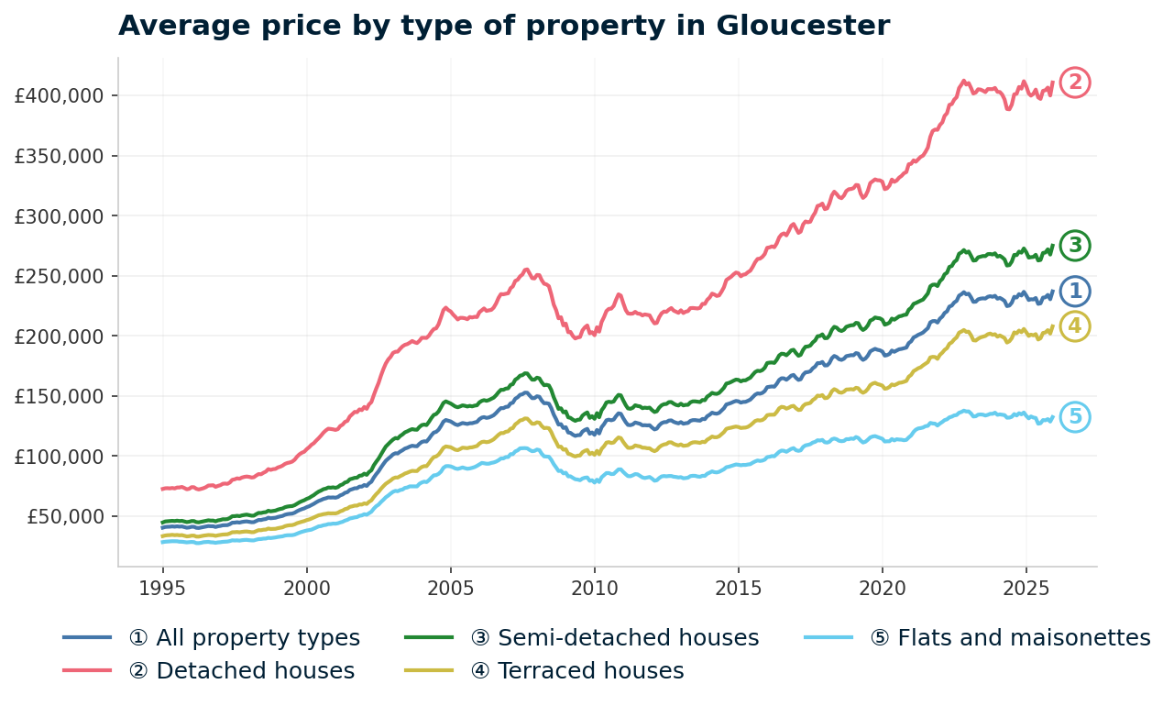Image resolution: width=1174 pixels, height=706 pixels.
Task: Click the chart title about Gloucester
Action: click(503, 26)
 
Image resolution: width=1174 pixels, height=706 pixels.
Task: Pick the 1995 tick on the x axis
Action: click(162, 586)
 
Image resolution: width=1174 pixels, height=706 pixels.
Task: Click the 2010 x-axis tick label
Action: click(594, 586)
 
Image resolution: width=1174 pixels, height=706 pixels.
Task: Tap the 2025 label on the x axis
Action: click(1026, 586)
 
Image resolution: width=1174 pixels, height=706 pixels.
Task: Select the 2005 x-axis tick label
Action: click(450, 586)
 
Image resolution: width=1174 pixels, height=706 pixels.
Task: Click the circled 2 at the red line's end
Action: click(1075, 83)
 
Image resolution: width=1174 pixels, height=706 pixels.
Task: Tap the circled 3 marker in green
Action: click(1075, 245)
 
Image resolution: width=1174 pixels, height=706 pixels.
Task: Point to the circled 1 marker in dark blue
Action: click(1075, 292)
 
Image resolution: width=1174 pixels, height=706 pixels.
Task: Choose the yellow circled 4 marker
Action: click(1075, 326)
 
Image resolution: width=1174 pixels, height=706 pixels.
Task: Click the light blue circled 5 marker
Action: click(1075, 417)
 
